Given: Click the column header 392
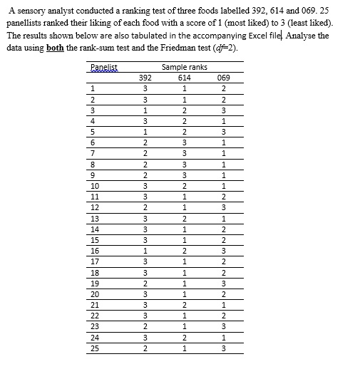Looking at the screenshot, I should pos(145,78).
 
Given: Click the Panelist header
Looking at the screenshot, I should pos(104,67).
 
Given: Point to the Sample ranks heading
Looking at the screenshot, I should pos(185,67).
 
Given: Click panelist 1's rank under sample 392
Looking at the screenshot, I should pos(145,88).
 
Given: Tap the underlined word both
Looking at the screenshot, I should pos(56,47).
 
